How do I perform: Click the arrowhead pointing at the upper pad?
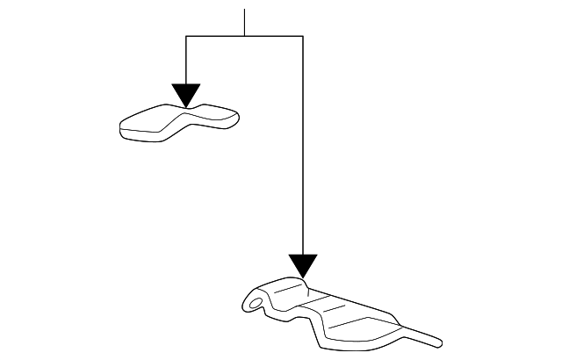(186, 95)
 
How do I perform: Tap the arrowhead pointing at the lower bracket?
(302, 266)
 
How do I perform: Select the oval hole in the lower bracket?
(256, 305)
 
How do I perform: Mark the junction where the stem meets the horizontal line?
(244, 36)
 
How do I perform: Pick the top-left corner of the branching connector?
(186, 36)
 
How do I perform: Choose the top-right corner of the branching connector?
(302, 36)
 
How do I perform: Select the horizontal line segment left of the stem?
(215, 36)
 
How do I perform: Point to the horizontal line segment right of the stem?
(273, 36)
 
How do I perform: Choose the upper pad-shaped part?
(180, 121)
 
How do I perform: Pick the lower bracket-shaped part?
(334, 314)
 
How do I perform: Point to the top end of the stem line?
(244, 10)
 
